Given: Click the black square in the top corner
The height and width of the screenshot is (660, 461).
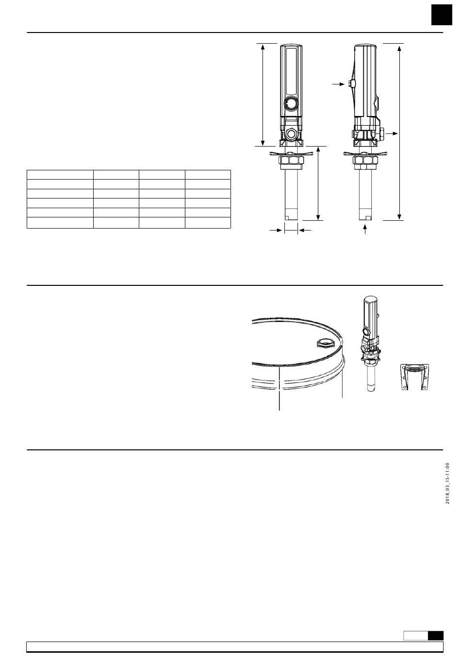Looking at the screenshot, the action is point(442,15).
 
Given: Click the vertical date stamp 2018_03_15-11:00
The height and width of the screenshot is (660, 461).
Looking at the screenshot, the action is point(447,483).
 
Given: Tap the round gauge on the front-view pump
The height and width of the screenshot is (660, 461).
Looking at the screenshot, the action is point(291,103).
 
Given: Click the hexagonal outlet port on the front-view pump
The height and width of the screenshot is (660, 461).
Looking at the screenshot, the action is point(291,134).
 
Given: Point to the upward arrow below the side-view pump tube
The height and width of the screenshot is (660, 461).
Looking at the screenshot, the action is point(365,230).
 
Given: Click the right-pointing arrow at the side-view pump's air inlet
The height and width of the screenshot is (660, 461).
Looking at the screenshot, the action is point(339,84).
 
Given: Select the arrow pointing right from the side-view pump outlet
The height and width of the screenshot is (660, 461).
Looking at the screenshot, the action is point(392,134).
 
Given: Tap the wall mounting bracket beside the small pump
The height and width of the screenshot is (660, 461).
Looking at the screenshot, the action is point(414,377).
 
